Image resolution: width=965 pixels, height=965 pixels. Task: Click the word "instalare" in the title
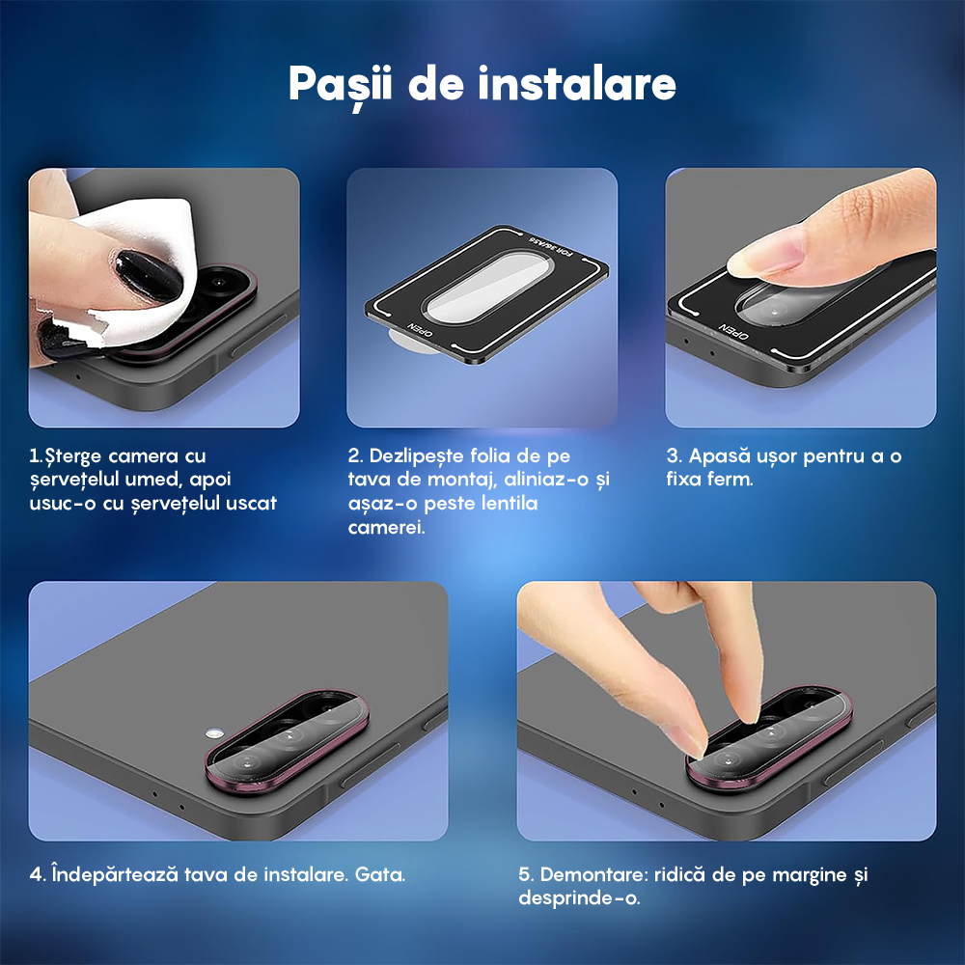point(577,85)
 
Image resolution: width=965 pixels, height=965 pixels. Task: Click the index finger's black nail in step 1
point(148,277)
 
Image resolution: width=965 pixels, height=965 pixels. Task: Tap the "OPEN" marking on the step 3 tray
point(733,333)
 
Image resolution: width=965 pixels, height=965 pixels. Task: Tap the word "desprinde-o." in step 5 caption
point(579,898)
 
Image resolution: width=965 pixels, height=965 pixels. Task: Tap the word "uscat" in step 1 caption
point(250,504)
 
